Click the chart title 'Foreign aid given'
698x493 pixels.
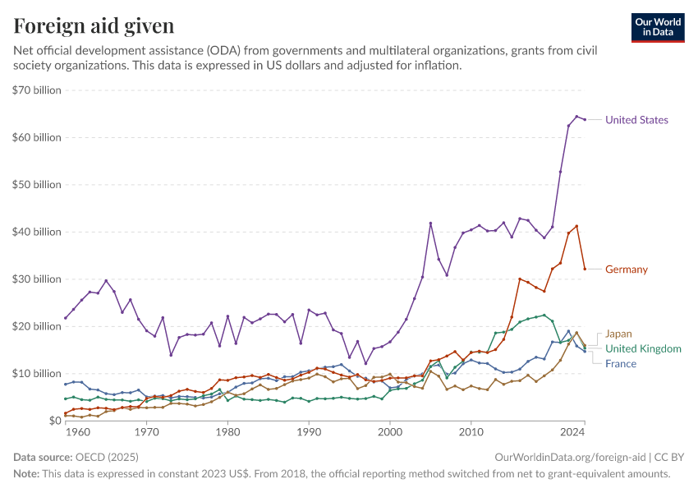tap(94, 26)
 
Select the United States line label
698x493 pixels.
tap(636, 120)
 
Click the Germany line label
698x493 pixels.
tap(627, 269)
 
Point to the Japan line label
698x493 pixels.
tap(618, 334)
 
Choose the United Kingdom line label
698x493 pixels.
tap(643, 349)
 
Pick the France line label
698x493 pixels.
tap(621, 363)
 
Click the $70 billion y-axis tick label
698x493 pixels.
tap(38, 90)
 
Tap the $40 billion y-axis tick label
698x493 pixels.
tap(38, 232)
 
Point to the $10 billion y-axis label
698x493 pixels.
tap(38, 373)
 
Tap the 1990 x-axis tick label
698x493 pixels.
tap(309, 431)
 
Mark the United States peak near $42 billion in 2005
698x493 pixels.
tap(430, 223)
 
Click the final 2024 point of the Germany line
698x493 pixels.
tap(584, 269)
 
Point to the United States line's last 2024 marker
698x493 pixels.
tap(584, 119)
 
